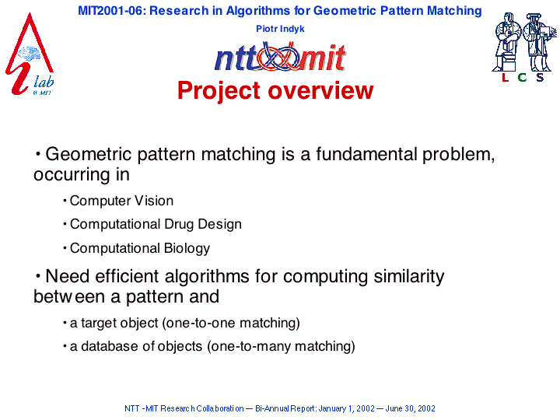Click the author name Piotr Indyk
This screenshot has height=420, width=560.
coord(280,29)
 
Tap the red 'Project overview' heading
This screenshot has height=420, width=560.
coord(275,90)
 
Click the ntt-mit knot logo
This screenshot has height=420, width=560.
coord(280,57)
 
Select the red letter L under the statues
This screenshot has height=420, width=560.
coord(505,78)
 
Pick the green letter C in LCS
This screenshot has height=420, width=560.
coord(522,78)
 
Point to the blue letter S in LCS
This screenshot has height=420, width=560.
coord(540,78)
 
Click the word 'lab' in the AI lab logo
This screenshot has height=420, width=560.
coord(44,82)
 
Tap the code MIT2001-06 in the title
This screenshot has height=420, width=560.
coord(110,11)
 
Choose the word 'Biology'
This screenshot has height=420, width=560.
coord(187,249)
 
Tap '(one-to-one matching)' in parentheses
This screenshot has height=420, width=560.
coord(231,323)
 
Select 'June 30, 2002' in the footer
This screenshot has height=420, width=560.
coord(410,408)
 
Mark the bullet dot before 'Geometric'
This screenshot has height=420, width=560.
coord(38,154)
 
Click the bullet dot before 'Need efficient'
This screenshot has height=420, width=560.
coord(38,276)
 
